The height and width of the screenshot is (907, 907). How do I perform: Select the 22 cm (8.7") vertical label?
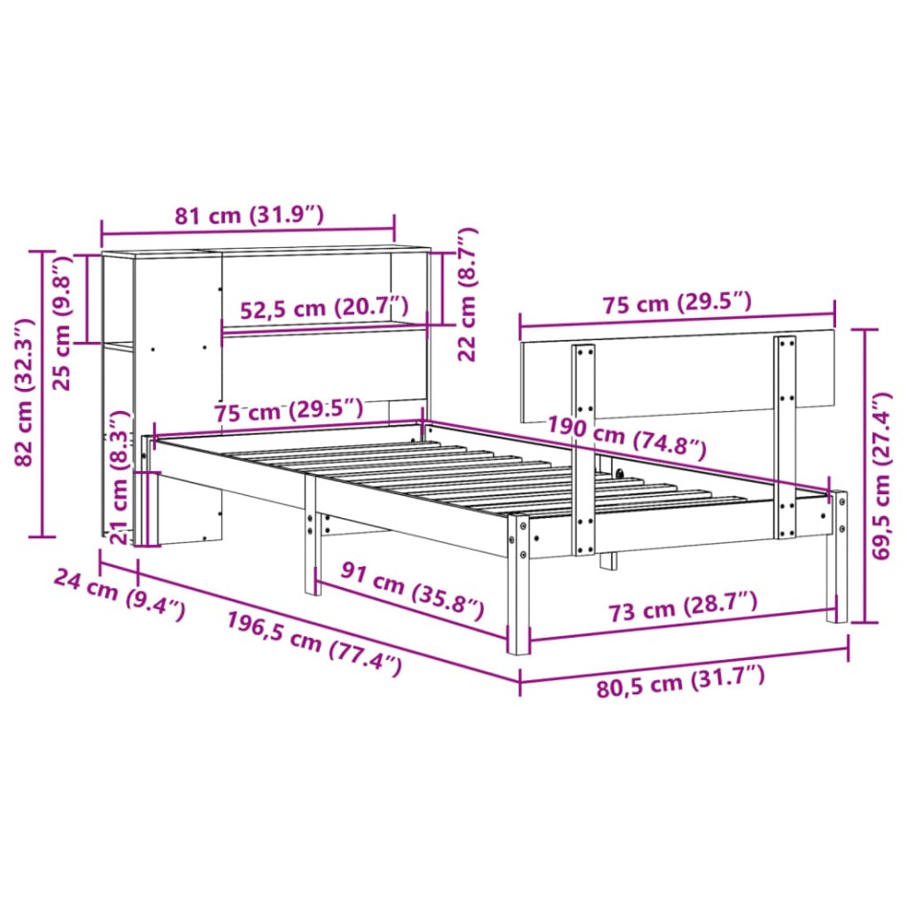[467, 294]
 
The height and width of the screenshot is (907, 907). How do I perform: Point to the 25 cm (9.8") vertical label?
[63, 322]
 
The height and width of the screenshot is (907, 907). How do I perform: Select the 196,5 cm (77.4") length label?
[313, 645]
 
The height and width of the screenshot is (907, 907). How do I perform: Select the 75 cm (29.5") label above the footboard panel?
[677, 304]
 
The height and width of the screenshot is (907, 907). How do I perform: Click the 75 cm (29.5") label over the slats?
[288, 410]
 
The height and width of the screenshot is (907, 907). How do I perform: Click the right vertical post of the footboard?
[785, 436]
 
